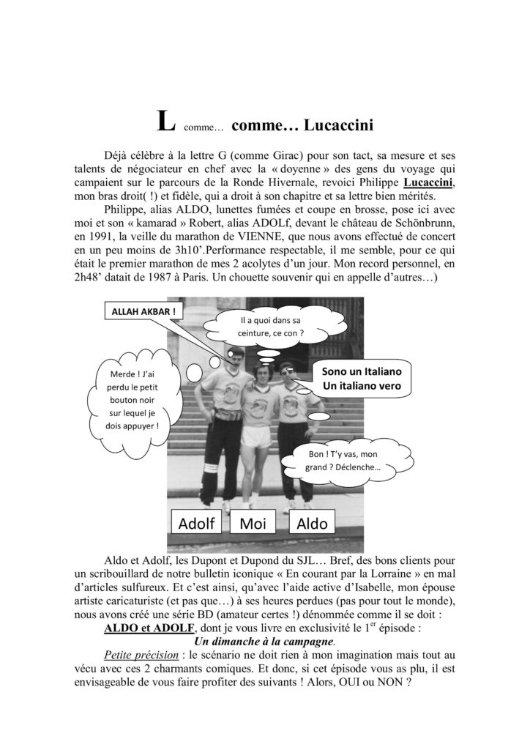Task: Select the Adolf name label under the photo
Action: pyautogui.click(x=197, y=522)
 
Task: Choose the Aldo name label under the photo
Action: pyautogui.click(x=311, y=522)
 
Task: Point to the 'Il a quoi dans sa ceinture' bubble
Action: pyautogui.click(x=272, y=327)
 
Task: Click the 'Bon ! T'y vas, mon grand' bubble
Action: pyautogui.click(x=345, y=461)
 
